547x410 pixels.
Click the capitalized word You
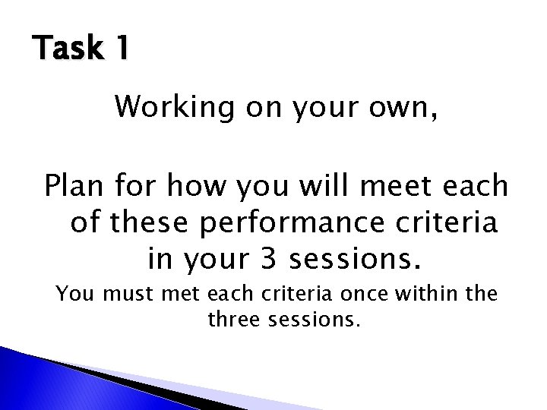coord(75,293)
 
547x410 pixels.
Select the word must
coord(127,293)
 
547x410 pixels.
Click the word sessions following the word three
coord(311,320)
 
